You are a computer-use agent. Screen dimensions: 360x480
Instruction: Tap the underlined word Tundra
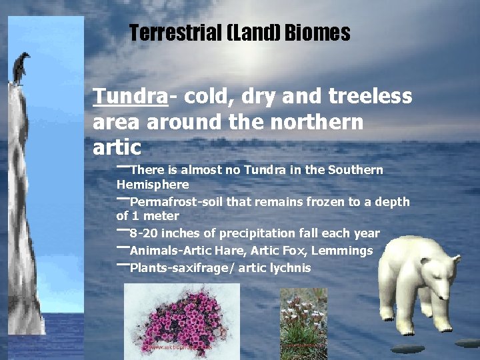pos(130,97)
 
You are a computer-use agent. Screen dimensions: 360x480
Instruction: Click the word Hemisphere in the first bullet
pos(153,185)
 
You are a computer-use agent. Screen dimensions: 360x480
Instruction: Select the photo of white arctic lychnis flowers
pos(303,324)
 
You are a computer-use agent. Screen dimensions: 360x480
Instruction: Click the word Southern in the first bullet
pos(357,170)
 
